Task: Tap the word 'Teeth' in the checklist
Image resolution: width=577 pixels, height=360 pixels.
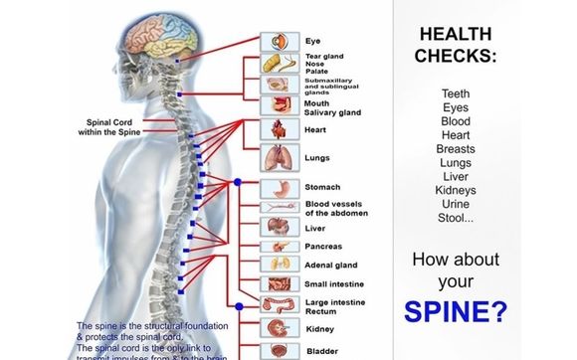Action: tap(455, 93)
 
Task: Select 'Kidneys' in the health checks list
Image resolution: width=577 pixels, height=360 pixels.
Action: tap(455, 190)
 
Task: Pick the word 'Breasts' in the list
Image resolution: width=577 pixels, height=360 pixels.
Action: tap(455, 149)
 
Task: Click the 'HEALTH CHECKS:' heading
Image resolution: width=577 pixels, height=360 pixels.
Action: tap(455, 44)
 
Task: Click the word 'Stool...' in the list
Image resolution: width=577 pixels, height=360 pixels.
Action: tap(455, 218)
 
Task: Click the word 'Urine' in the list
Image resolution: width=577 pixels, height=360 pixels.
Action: tap(455, 204)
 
